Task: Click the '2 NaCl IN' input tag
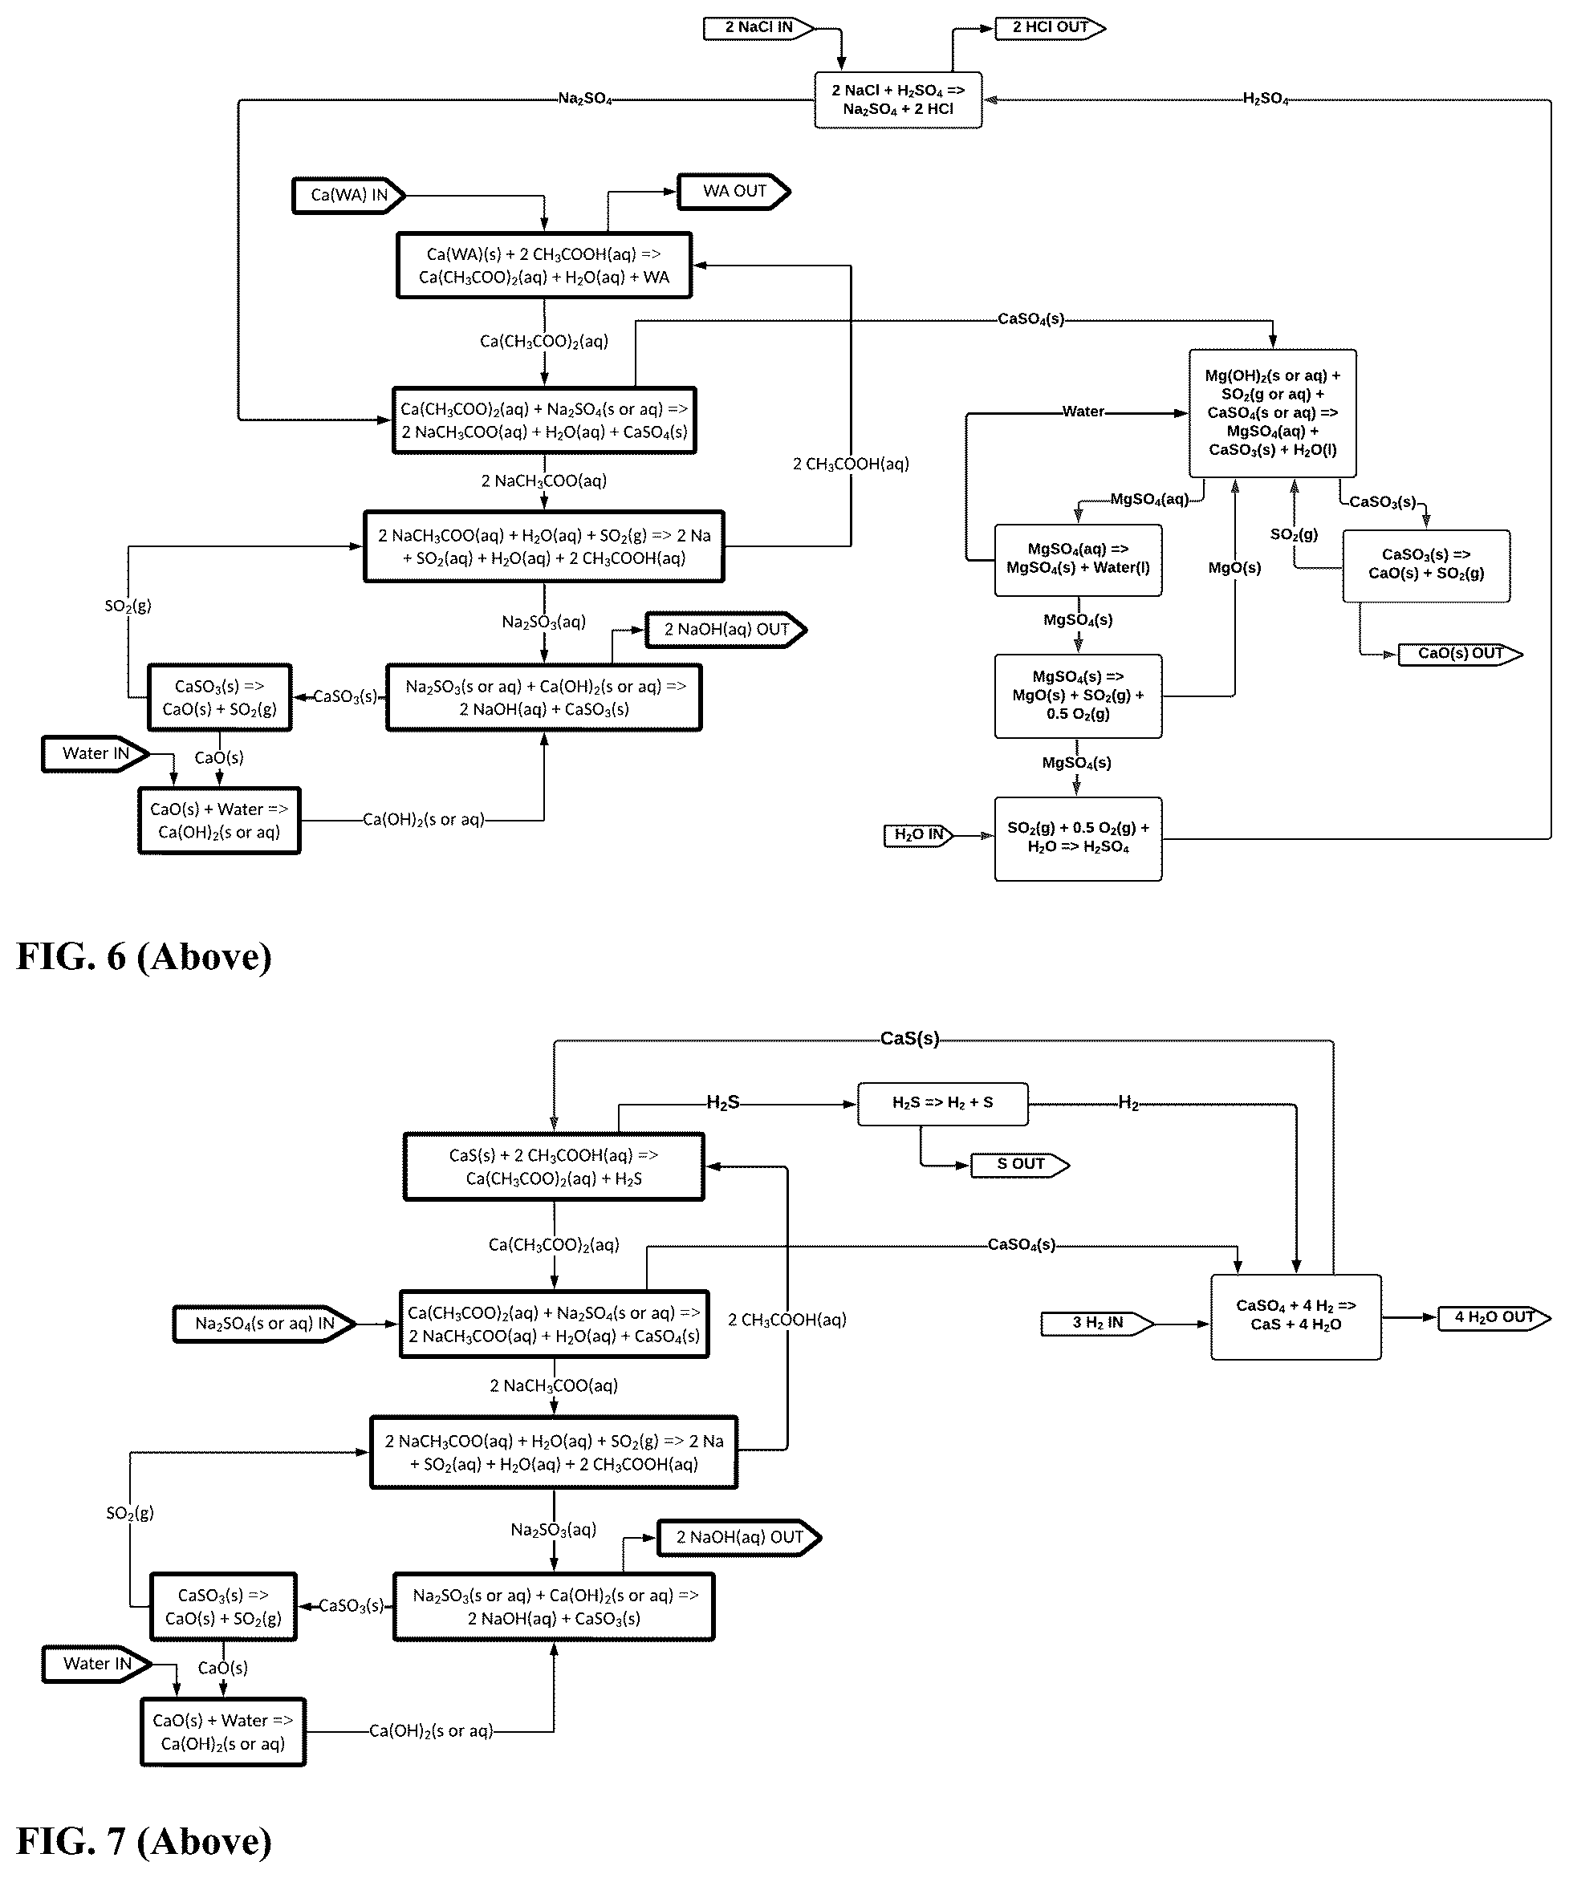click(x=758, y=28)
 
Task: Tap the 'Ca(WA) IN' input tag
click(x=349, y=195)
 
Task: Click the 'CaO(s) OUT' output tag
click(x=1460, y=654)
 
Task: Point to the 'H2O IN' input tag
click(x=919, y=835)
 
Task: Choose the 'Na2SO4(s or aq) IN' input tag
click(x=265, y=1324)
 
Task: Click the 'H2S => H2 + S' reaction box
click(x=943, y=1104)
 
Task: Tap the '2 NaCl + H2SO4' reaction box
click(x=898, y=100)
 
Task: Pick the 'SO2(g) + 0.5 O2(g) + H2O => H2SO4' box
click(x=1078, y=839)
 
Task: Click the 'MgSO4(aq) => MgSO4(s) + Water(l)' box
click(x=1078, y=560)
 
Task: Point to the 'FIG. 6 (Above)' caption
click(x=144, y=957)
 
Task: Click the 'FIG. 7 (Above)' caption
click(x=144, y=1840)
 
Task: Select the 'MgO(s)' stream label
click(x=1234, y=568)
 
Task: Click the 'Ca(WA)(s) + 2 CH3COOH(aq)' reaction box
click(x=544, y=266)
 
